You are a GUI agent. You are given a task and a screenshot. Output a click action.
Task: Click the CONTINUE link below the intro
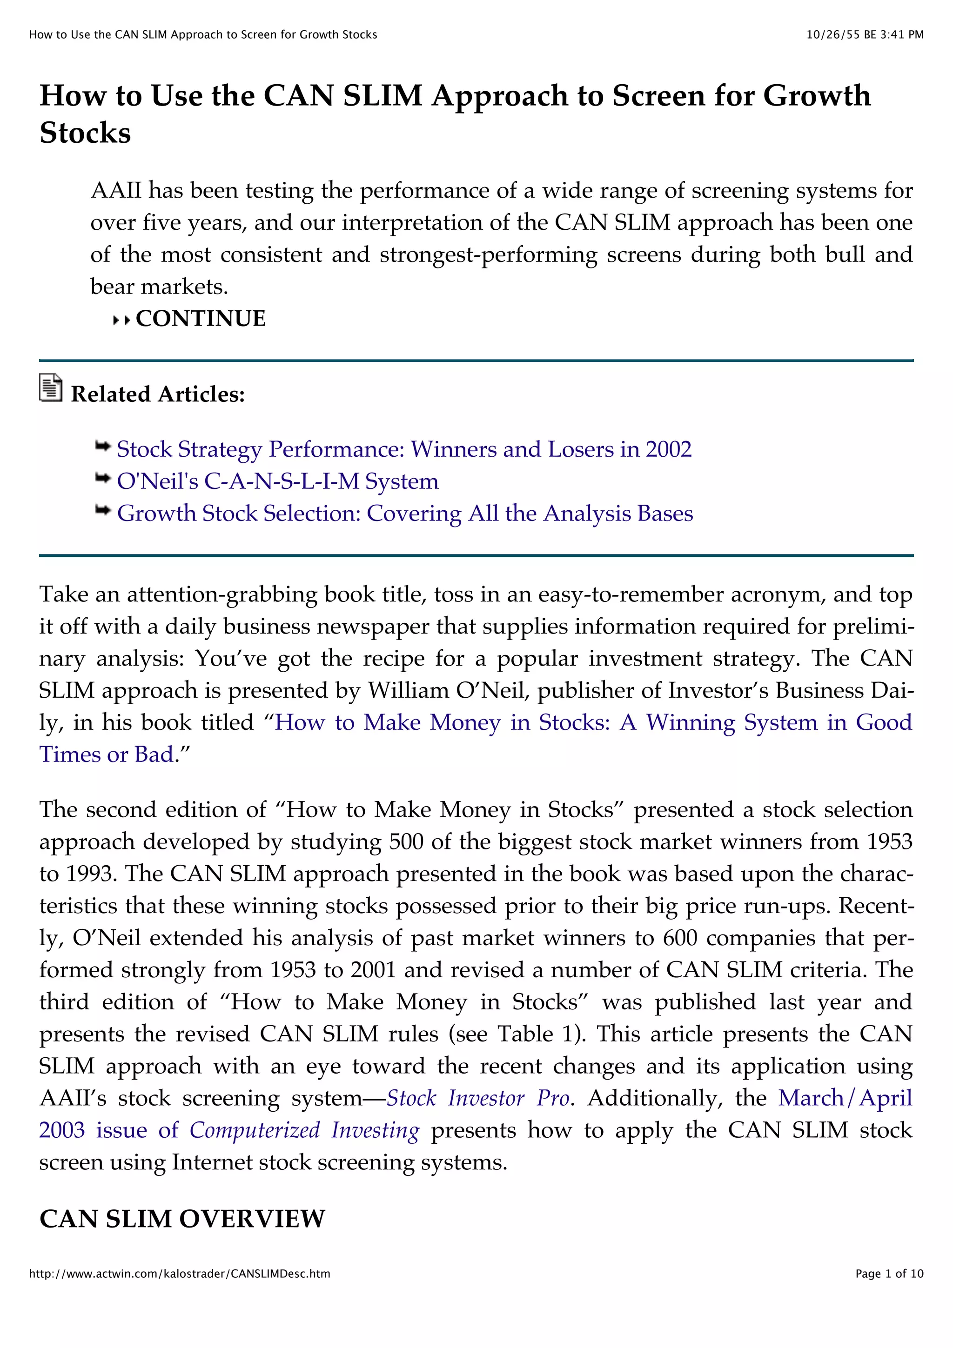point(200,319)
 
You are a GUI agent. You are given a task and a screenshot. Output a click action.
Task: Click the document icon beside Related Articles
point(51,387)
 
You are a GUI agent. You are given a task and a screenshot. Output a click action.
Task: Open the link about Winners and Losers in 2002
point(404,449)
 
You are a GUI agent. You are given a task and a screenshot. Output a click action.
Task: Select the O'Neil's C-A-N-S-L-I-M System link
point(277,481)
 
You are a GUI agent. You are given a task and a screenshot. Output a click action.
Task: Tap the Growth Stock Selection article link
point(404,513)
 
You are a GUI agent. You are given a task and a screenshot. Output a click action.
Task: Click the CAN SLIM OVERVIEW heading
point(182,1219)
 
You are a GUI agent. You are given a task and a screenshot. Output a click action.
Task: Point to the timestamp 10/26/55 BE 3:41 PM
point(864,34)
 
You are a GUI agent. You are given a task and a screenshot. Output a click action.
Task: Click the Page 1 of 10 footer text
point(889,1274)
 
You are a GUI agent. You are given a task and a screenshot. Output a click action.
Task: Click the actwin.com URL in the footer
point(180,1274)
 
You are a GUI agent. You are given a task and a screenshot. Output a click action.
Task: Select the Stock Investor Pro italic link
point(477,1098)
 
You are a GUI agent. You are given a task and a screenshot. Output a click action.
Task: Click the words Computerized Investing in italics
point(304,1130)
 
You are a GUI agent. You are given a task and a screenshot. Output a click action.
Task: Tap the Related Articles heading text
point(157,394)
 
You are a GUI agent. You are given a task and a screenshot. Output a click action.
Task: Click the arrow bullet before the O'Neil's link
point(103,479)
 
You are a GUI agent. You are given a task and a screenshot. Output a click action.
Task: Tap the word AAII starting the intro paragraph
point(116,191)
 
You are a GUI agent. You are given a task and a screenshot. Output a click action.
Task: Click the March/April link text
point(845,1098)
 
